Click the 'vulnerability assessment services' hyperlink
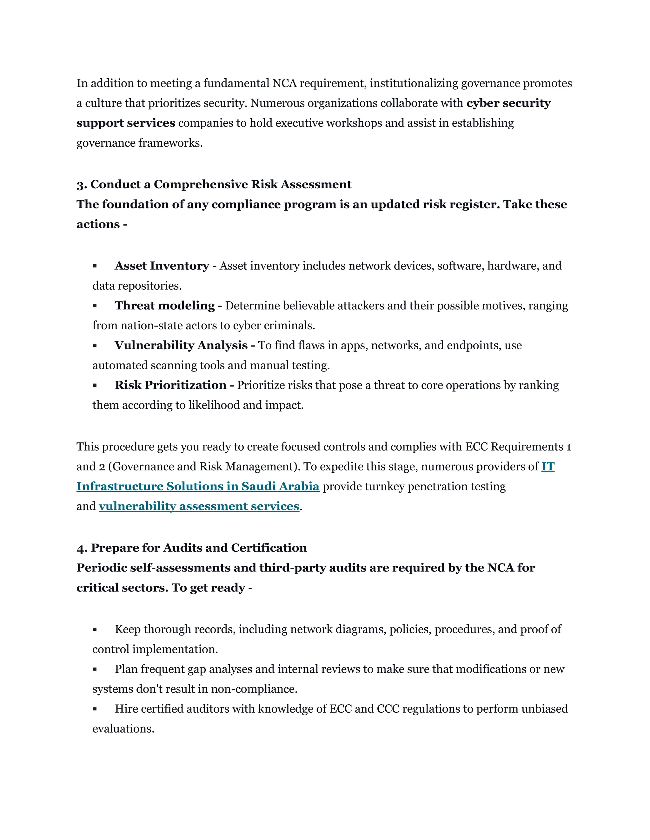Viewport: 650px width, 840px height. (199, 506)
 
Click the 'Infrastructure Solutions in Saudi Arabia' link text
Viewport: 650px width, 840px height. (198, 486)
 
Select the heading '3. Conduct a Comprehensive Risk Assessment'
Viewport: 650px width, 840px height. (214, 184)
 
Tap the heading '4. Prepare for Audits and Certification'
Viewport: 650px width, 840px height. (192, 548)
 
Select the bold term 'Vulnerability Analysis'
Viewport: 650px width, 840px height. (181, 346)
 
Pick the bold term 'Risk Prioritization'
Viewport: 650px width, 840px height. (170, 385)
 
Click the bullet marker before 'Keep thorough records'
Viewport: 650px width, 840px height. (95, 630)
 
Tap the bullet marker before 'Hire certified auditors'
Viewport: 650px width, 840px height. (95, 709)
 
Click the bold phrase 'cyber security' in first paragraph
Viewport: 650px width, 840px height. (508, 103)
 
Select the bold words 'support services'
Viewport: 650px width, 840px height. (126, 123)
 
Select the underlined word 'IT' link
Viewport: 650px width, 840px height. (547, 467)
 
